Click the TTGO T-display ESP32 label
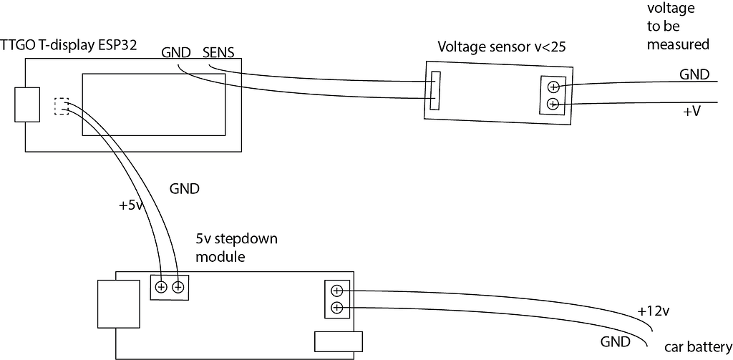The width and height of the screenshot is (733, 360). [69, 45]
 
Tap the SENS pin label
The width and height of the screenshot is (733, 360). [219, 52]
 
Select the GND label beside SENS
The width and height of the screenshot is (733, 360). [175, 52]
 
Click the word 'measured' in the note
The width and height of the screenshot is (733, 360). [677, 44]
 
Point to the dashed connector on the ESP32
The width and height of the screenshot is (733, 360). [62, 106]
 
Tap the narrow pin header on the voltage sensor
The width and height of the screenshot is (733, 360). [435, 90]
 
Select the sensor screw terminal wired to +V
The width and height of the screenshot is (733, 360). [553, 104]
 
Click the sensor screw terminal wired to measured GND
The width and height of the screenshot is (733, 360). [553, 87]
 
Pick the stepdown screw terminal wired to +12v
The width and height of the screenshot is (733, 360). [336, 291]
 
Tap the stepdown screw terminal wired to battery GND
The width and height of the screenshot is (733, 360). [336, 308]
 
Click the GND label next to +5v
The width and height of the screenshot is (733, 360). [184, 190]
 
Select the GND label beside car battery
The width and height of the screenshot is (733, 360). [615, 341]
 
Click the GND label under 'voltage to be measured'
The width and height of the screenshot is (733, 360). [694, 74]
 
